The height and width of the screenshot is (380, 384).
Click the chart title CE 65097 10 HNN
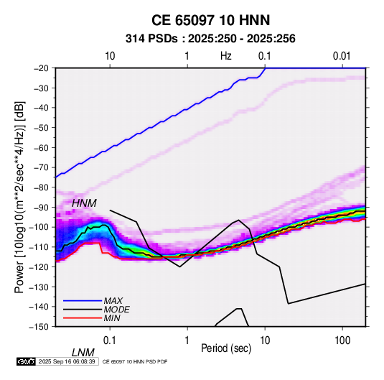210,20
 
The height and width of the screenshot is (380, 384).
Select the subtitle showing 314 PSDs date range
210,39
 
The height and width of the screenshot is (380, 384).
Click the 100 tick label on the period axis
342,340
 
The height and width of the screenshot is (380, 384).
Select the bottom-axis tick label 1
187,340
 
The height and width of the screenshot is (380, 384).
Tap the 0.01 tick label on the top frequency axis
342,56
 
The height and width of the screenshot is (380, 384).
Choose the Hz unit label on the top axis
226,56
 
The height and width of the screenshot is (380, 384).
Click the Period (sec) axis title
226,348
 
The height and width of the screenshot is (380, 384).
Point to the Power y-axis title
19,198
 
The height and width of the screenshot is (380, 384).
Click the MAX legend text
113,300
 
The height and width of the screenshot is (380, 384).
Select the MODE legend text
116,310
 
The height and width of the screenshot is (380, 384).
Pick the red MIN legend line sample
83,318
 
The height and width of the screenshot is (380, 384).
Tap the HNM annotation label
84,203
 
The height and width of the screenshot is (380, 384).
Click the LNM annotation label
83,353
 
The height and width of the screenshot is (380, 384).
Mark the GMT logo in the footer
27,361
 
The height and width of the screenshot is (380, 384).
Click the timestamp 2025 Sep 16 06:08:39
67,361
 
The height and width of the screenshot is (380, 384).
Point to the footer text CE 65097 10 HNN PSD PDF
135,361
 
